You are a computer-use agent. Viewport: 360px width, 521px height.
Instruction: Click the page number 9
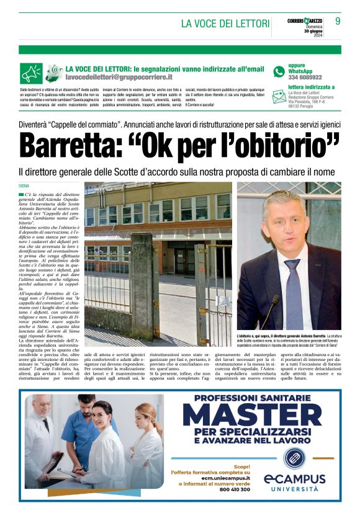(x=338, y=21)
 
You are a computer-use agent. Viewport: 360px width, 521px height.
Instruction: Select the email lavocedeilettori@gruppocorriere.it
(x=119, y=78)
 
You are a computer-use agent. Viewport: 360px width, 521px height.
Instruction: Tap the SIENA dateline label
(x=25, y=185)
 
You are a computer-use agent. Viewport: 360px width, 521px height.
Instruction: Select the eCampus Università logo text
(x=294, y=481)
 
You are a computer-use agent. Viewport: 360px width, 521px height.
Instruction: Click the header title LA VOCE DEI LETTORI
(x=225, y=24)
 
